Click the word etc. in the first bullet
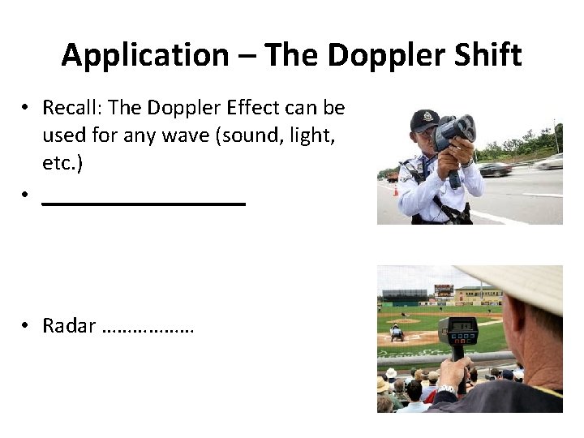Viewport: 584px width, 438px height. (62, 162)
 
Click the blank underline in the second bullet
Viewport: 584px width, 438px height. (144, 204)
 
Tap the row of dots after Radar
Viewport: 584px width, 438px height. (149, 328)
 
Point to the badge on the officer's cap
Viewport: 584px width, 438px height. (426, 115)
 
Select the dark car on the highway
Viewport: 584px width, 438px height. (495, 169)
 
